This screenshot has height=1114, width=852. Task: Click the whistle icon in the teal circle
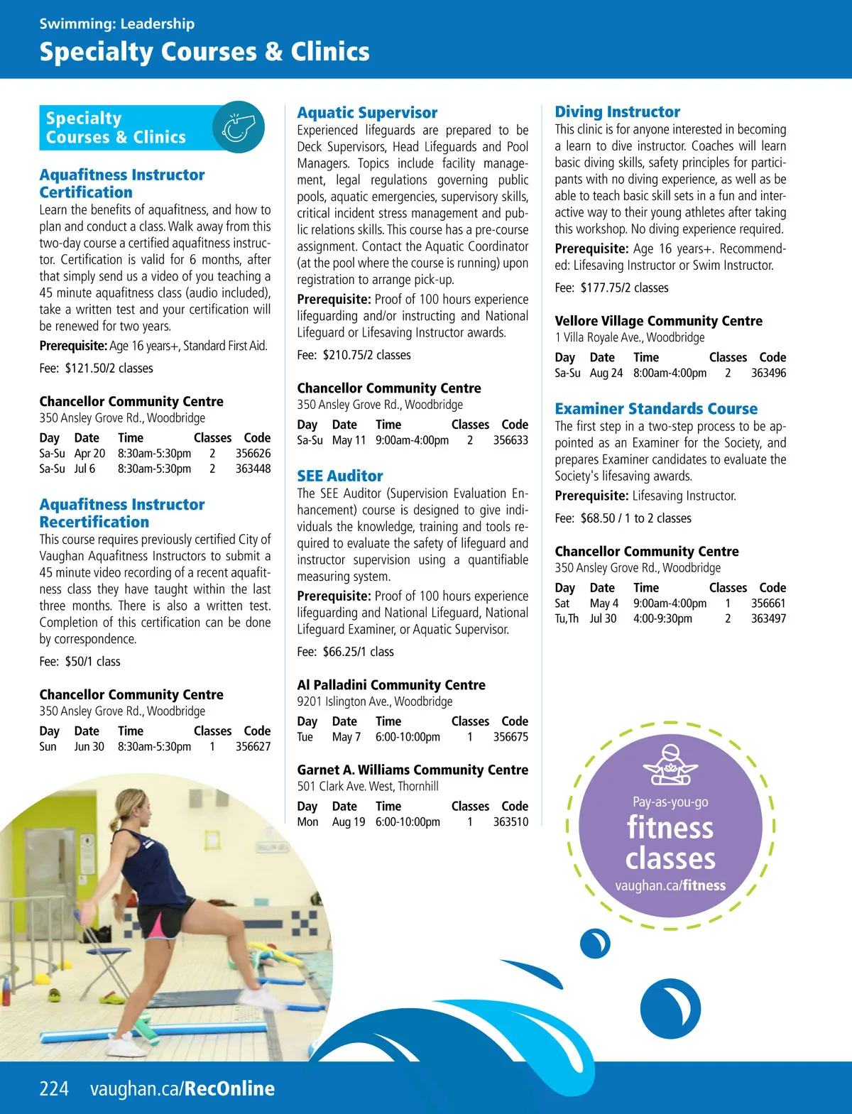(x=238, y=128)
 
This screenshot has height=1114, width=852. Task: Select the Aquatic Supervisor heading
(x=367, y=112)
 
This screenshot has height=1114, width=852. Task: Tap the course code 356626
(x=253, y=453)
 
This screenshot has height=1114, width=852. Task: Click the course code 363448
(x=253, y=469)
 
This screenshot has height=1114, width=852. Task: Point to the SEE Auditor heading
(x=339, y=476)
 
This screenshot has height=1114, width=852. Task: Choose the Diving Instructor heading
(x=617, y=111)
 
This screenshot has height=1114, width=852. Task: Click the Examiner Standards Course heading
(x=656, y=408)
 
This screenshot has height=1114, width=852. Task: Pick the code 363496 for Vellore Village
(x=768, y=373)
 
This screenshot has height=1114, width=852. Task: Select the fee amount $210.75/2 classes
(x=366, y=355)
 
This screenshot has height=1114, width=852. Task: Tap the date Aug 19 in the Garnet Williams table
(x=348, y=821)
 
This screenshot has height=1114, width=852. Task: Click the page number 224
(x=54, y=1088)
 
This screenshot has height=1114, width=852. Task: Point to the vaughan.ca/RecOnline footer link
(x=182, y=1088)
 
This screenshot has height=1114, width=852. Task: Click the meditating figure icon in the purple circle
(x=670, y=765)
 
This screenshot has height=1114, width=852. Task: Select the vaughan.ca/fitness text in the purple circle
(x=670, y=885)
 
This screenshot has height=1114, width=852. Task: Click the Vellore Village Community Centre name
(x=658, y=321)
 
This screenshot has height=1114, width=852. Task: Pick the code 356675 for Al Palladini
(x=510, y=737)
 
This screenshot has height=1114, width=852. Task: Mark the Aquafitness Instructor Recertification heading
(x=122, y=513)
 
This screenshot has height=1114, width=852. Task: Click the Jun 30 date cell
(x=89, y=747)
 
